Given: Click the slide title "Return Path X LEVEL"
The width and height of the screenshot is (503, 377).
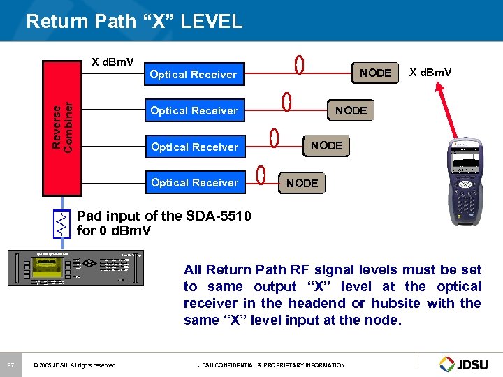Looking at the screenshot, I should pos(134,21).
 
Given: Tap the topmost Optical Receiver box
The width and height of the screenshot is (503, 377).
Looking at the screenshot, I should pos(194,74).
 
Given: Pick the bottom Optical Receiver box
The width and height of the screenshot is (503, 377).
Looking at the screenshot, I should pos(194,183).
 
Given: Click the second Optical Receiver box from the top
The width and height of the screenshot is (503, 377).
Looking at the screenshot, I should pos(194,110).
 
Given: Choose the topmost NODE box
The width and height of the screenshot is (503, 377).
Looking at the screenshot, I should pos(375,73).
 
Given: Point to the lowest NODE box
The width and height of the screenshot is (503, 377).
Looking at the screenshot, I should pos(302,183).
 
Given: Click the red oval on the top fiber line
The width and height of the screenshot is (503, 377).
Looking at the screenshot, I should pos(299,65).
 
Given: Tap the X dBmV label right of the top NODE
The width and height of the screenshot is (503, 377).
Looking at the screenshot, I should pos(430,73).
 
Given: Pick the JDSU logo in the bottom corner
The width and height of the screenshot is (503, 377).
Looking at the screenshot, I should pos(467,364).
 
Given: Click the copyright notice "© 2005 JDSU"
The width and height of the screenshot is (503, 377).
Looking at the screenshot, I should pos(75,365).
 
